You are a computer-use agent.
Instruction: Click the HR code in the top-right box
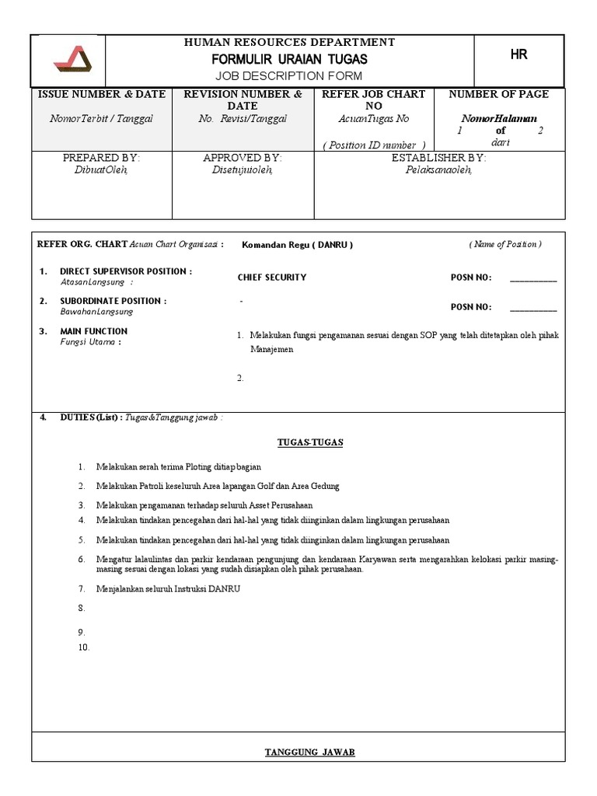click(518, 54)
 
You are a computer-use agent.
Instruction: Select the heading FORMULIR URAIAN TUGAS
click(290, 59)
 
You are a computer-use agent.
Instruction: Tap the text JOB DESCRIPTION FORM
click(290, 75)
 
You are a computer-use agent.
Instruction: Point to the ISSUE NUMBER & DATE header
click(102, 94)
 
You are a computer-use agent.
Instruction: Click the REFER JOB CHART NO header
click(373, 99)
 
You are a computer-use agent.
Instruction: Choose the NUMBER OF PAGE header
click(499, 94)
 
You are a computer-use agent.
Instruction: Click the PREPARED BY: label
click(101, 158)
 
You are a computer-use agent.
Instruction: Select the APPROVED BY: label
click(243, 158)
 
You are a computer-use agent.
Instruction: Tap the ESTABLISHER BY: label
click(438, 158)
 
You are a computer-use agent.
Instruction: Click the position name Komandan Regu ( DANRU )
click(297, 244)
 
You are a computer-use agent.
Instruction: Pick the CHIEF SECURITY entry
click(272, 278)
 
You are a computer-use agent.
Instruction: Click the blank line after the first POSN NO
click(533, 278)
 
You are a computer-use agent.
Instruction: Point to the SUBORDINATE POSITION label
click(113, 301)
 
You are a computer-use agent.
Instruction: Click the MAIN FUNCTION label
click(94, 331)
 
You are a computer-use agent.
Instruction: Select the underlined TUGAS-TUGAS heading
click(310, 442)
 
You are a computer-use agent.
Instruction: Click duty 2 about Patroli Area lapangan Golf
click(218, 486)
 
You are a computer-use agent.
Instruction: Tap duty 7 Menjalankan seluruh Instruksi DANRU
click(168, 588)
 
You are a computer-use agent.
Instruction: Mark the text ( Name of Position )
click(504, 244)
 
